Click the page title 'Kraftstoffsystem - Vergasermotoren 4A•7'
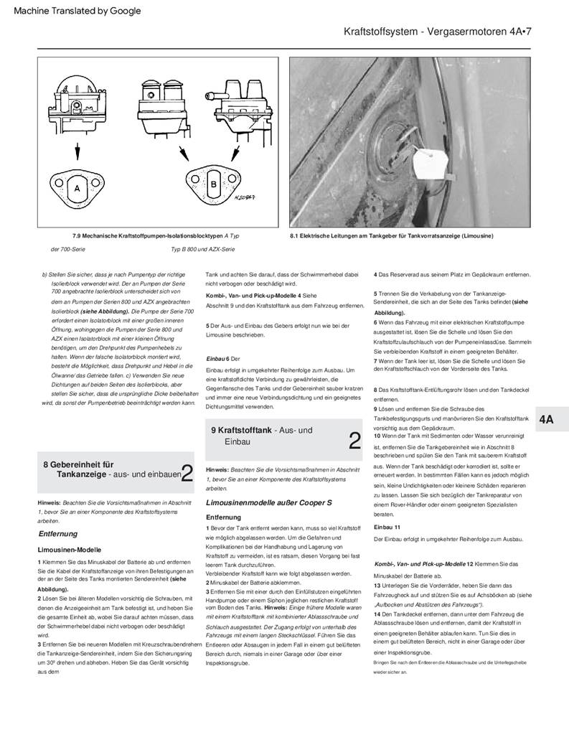pos(437,32)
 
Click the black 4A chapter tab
pos(547,420)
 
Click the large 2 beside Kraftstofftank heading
pos(354,440)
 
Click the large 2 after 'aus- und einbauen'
pos(187,473)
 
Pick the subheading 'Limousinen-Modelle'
pos(70,549)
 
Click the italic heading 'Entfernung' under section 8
pos(58,534)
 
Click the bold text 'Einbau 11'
pos(387,527)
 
